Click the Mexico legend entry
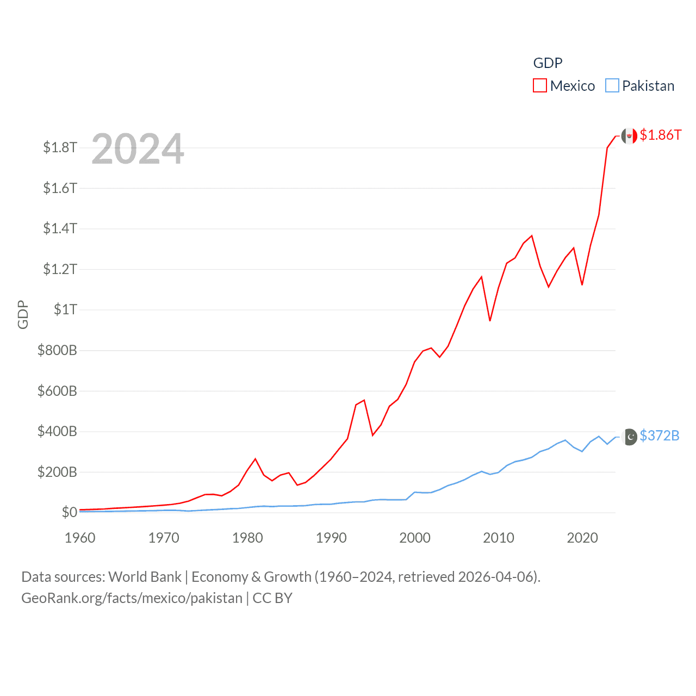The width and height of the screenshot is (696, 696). pyautogui.click(x=564, y=86)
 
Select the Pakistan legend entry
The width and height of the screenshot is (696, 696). pyautogui.click(x=640, y=86)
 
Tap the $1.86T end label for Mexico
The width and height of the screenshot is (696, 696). pyautogui.click(x=660, y=135)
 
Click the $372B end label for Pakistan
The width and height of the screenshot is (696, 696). pyautogui.click(x=659, y=436)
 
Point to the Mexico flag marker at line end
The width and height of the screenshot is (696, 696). pyautogui.click(x=629, y=136)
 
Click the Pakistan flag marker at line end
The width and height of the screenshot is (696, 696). pyautogui.click(x=630, y=437)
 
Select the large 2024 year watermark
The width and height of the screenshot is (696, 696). pyautogui.click(x=138, y=149)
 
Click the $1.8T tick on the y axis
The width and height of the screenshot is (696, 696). pyautogui.click(x=60, y=147)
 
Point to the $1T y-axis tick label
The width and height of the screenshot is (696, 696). pyautogui.click(x=65, y=309)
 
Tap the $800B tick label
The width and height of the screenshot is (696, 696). pyautogui.click(x=57, y=350)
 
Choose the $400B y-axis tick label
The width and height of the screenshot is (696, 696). pyautogui.click(x=57, y=431)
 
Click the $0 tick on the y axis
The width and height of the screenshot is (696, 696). pyautogui.click(x=69, y=512)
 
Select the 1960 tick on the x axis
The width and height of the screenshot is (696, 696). pyautogui.click(x=80, y=538)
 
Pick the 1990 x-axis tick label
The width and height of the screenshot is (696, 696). pyautogui.click(x=331, y=538)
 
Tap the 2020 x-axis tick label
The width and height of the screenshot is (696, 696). pyautogui.click(x=582, y=538)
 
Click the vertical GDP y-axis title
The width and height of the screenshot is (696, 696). pyautogui.click(x=23, y=314)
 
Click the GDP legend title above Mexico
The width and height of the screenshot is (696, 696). pyautogui.click(x=548, y=63)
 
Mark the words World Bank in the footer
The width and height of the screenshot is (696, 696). pyautogui.click(x=145, y=576)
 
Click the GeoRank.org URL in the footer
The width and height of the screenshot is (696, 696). pyautogui.click(x=132, y=598)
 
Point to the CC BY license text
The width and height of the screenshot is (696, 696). pyautogui.click(x=272, y=598)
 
